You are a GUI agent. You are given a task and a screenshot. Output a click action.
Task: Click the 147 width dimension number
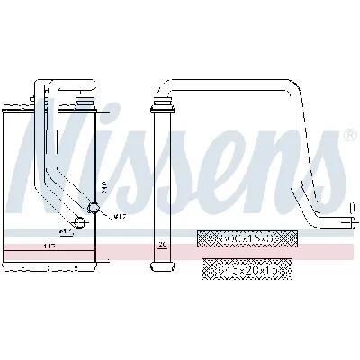[x=49, y=244]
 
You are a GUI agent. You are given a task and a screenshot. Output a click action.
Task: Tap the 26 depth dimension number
[x=163, y=244]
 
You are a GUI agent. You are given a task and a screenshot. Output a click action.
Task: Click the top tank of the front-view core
[x=49, y=112]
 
